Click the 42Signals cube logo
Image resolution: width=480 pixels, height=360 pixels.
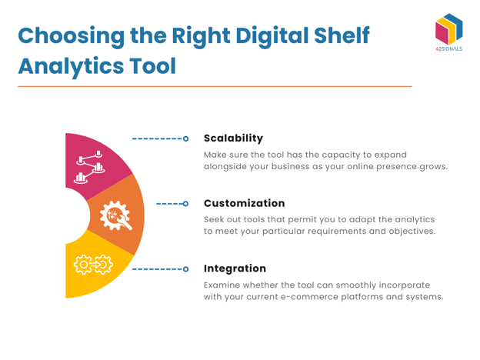pos(448,30)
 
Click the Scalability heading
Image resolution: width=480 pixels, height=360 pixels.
pos(233,138)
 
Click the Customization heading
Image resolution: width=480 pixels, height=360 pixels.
pos(244,204)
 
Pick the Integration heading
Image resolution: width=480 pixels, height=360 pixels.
pos(235,268)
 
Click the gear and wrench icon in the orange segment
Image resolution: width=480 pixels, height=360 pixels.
pos(115,215)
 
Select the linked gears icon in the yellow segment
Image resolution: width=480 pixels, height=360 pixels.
pos(93,267)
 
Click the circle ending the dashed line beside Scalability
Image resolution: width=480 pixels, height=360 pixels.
pos(185,139)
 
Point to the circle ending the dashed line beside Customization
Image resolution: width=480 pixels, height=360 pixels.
pos(185,205)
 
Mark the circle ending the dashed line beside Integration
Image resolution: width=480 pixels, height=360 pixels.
pos(185,270)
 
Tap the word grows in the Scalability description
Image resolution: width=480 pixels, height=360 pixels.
pos(429,167)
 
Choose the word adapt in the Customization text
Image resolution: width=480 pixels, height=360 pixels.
pos(365,219)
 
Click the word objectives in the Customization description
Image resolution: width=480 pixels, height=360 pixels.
pos(408,232)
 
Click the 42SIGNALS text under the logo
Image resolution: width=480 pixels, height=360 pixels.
pos(448,48)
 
